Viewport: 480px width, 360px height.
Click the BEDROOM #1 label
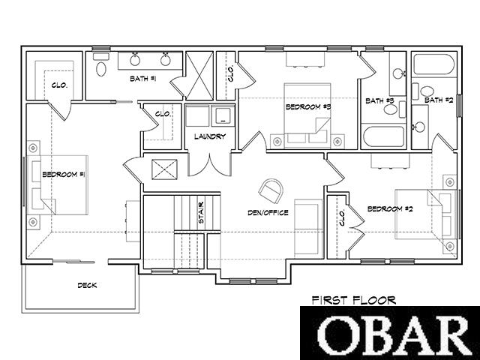[x=63, y=175]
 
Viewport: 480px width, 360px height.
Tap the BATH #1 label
[x=143, y=79]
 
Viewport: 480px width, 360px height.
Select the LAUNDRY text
[x=210, y=136]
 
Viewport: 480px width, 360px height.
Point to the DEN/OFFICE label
[x=268, y=212]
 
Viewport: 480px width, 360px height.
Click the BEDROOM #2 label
[x=390, y=208]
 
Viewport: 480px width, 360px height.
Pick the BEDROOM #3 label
[x=308, y=106]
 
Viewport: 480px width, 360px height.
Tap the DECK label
[x=87, y=285]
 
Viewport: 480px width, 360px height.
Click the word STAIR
[x=201, y=212]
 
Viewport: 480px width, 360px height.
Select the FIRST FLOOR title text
[x=354, y=300]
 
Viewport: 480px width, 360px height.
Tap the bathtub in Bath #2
[x=434, y=64]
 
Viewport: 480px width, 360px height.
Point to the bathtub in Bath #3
[x=384, y=136]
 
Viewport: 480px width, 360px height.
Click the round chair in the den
[x=270, y=191]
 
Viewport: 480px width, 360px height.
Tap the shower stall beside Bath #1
[x=199, y=76]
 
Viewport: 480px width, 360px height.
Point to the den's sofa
[x=308, y=228]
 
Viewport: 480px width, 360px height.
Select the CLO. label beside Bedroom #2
[x=342, y=217]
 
